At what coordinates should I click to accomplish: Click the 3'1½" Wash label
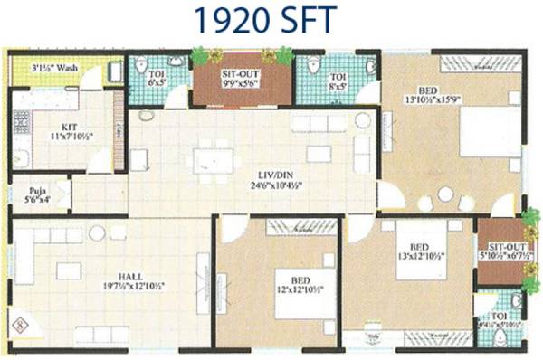pos(52,67)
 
